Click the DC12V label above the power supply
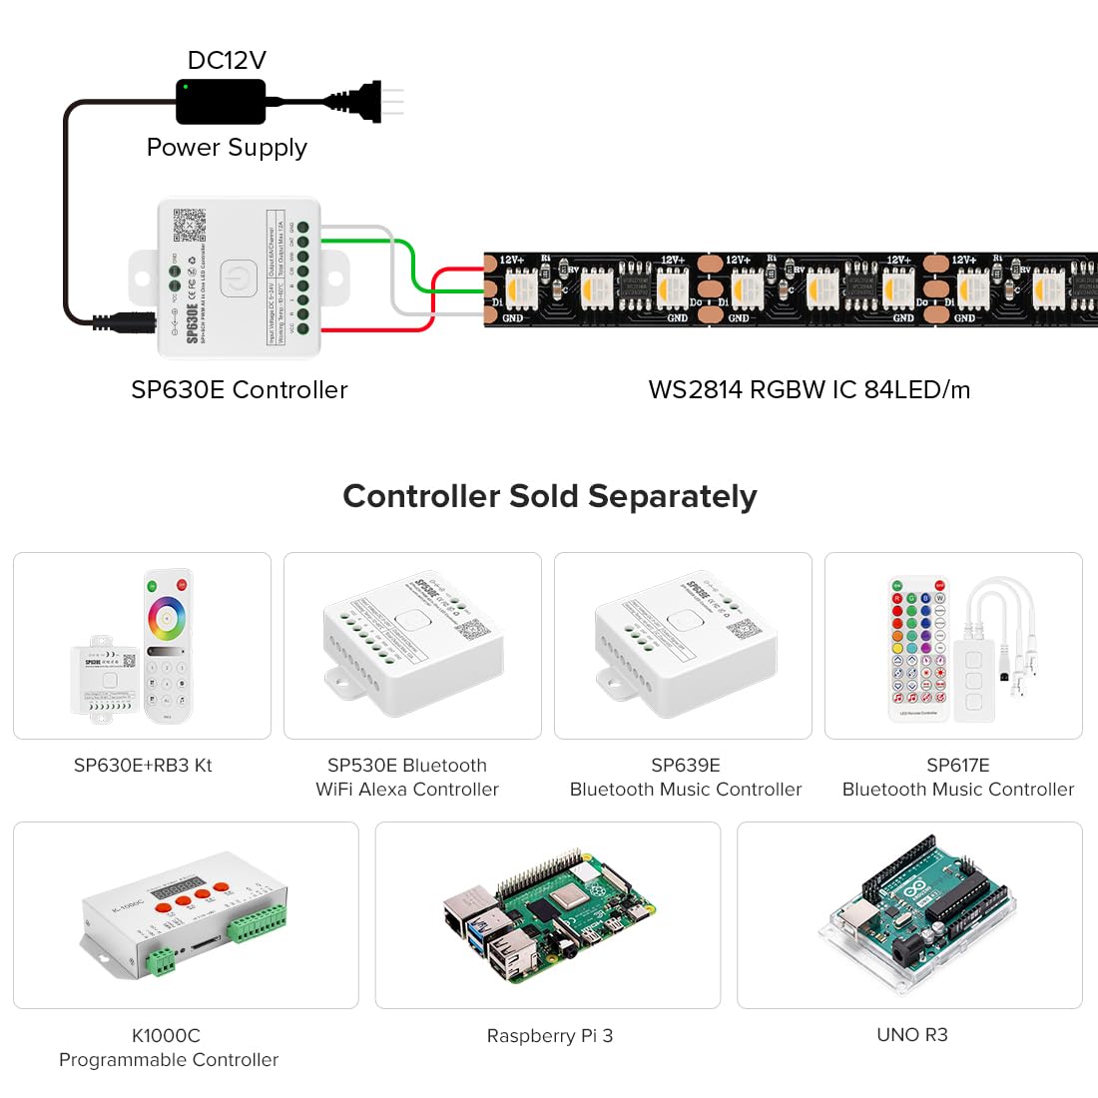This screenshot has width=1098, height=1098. (x=227, y=60)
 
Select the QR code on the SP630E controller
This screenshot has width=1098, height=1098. (x=190, y=225)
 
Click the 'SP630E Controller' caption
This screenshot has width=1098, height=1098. (x=240, y=390)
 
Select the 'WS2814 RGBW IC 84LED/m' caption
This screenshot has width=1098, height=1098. (x=809, y=390)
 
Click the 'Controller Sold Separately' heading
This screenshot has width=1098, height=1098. (x=549, y=496)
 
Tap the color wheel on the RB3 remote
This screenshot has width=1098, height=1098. (x=167, y=619)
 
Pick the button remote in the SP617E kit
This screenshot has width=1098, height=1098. (x=918, y=647)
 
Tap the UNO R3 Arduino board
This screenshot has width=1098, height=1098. (x=911, y=916)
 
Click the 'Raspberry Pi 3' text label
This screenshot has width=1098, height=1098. (x=549, y=1036)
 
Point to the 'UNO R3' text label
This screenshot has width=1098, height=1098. (x=911, y=1035)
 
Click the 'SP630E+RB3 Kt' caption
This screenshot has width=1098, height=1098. (x=143, y=766)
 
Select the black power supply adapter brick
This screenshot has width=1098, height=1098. (x=221, y=102)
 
